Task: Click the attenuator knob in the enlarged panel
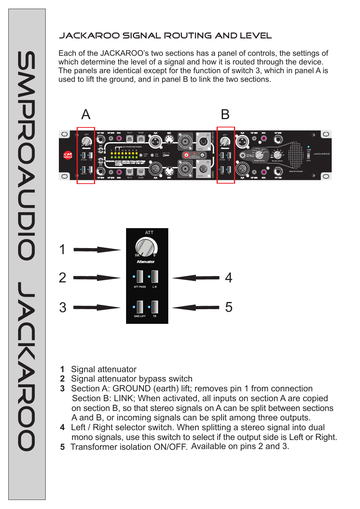click(146, 247)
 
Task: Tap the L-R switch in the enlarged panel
click(155, 277)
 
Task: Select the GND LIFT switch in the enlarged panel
click(140, 307)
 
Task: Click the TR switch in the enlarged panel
click(155, 307)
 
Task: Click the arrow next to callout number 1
click(97, 250)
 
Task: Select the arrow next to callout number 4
click(196, 278)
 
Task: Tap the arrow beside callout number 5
click(196, 307)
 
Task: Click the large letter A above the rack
click(86, 115)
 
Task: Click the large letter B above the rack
click(225, 115)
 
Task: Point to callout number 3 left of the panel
click(63, 308)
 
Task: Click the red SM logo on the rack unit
click(68, 155)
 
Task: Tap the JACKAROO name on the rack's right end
click(322, 154)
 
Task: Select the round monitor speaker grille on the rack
click(295, 155)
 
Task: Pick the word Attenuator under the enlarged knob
click(146, 262)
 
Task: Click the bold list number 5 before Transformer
click(63, 447)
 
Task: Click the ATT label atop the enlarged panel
click(149, 233)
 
